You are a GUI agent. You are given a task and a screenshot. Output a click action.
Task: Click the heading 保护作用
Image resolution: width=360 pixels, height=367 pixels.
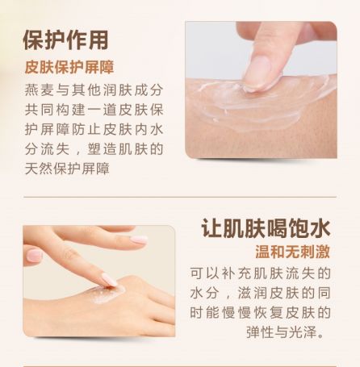65,40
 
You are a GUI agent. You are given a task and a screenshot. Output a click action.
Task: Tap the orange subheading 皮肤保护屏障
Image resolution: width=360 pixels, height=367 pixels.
69,67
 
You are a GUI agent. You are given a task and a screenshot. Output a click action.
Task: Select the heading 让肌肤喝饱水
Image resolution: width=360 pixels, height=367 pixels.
266,228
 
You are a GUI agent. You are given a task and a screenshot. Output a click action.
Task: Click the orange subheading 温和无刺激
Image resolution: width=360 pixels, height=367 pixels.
292,252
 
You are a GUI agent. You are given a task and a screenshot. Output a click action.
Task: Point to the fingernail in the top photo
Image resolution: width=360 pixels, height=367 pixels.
257,73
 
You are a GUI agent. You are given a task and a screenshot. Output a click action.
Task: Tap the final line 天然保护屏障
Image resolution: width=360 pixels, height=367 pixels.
67,169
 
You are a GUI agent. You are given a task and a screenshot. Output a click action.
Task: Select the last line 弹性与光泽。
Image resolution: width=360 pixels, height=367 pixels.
286,332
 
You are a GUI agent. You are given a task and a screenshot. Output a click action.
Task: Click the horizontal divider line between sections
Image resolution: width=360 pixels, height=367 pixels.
180,197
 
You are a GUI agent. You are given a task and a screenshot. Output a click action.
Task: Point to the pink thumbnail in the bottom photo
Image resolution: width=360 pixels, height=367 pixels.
35,255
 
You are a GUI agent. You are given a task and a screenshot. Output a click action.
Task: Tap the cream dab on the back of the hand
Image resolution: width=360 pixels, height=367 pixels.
107,294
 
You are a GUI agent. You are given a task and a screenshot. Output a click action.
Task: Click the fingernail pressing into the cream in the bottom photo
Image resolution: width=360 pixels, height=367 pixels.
109,280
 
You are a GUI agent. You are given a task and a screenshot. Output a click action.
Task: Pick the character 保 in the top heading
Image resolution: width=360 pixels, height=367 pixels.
33,40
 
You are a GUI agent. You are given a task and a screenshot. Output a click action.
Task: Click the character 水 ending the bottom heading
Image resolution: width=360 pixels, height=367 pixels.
320,228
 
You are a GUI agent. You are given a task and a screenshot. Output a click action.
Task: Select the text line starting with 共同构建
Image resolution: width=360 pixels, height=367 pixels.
94,110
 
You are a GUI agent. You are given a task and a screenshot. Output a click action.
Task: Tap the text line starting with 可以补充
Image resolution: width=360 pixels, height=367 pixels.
261,273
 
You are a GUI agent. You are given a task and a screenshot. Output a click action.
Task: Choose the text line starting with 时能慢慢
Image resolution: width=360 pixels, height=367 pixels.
261,313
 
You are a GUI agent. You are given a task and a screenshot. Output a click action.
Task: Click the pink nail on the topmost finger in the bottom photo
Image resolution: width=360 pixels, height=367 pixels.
139,240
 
